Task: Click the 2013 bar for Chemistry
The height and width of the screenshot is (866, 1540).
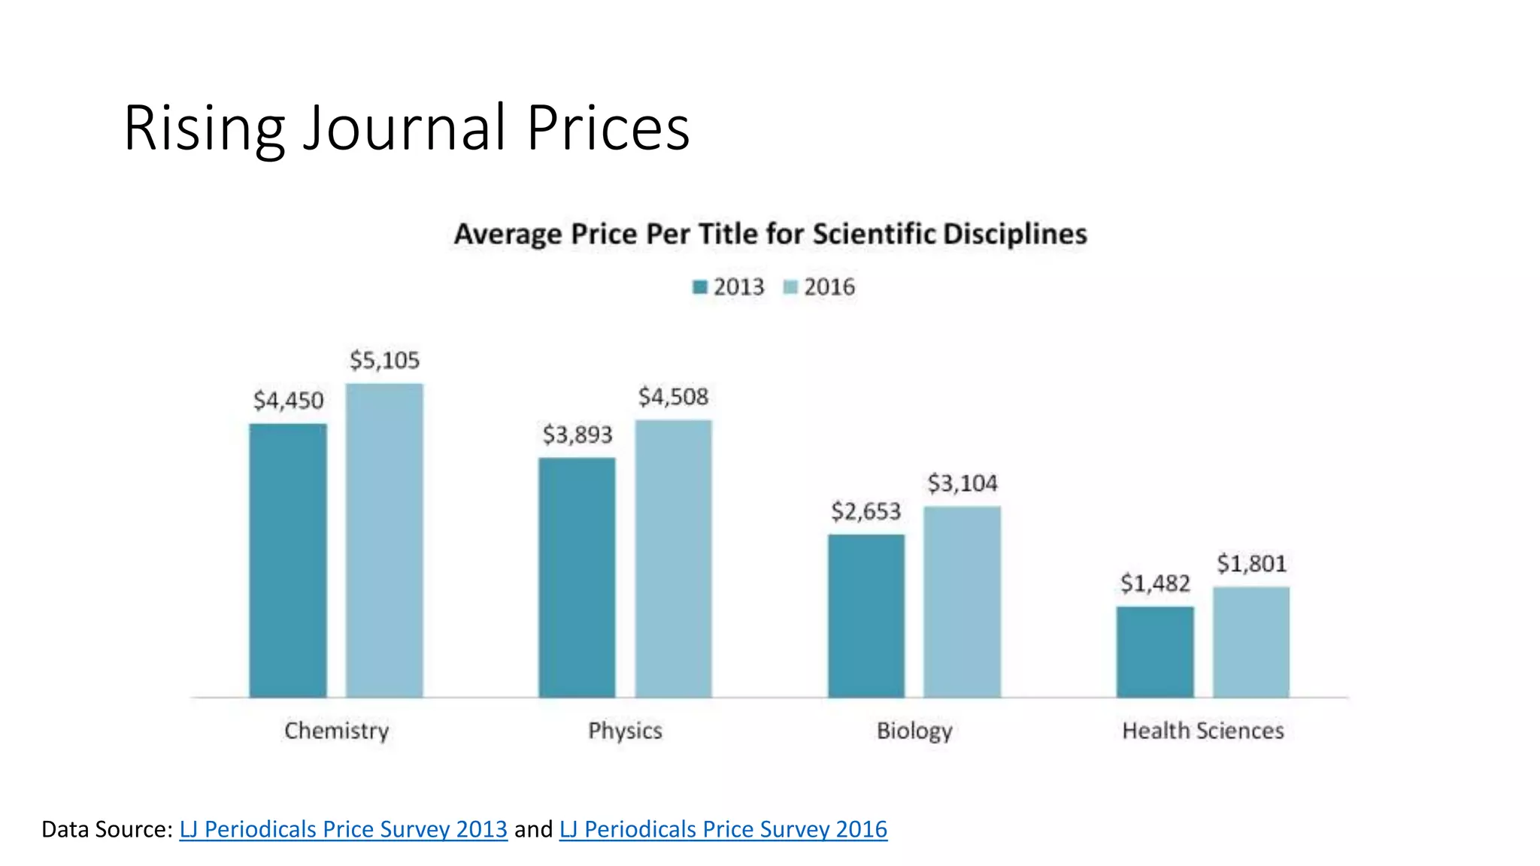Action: pos(288,560)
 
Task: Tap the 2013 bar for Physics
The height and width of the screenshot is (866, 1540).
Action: pos(577,577)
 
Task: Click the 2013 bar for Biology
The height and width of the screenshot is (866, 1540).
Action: pos(866,616)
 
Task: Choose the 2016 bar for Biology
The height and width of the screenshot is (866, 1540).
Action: pos(962,601)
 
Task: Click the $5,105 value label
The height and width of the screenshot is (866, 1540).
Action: pos(384,360)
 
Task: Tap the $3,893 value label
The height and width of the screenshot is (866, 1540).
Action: pos(577,435)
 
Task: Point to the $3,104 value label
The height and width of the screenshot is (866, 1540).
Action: pos(962,483)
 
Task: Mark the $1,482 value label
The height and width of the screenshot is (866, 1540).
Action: pos(1155,583)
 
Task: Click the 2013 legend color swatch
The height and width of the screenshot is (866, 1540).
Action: pos(700,287)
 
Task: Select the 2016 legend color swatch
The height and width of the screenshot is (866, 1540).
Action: pos(790,287)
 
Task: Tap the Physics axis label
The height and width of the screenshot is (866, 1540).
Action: pos(625,731)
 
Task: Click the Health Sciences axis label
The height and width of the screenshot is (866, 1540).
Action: pos(1202,731)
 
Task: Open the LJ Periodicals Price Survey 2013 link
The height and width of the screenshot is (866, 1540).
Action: pos(344,829)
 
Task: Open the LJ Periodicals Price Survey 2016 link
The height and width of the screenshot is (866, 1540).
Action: pos(723,829)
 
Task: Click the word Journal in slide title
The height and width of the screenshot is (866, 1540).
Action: pos(404,128)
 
